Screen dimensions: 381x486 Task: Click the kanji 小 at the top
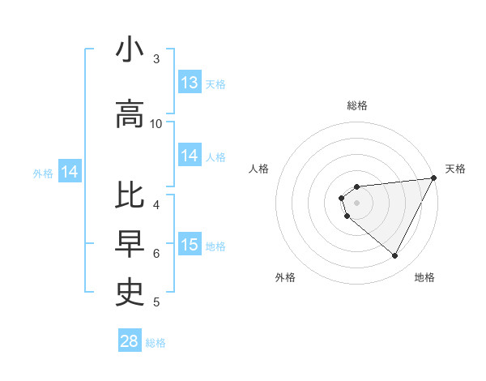[x=130, y=50]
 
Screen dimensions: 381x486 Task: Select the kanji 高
[x=130, y=114]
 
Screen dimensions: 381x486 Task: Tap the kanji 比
[x=130, y=197]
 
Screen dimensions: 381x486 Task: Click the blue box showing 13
[x=190, y=83]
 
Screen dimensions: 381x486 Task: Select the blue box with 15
[x=190, y=245]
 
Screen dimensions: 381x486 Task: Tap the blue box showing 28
[x=130, y=341]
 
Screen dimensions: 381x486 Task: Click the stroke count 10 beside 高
[x=156, y=124]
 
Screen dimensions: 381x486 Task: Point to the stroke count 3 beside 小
[x=156, y=59]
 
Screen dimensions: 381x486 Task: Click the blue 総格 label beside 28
[x=156, y=343]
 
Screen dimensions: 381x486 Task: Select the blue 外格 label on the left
[x=43, y=173]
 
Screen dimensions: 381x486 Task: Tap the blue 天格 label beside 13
[x=215, y=83]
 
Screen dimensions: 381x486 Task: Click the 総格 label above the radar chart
[x=357, y=105]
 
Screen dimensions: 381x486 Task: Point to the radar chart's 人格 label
[x=259, y=169]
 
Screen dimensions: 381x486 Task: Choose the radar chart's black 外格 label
[x=285, y=277]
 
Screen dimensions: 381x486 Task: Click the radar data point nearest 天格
[x=434, y=178]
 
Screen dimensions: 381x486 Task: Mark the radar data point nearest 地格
[x=395, y=256]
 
